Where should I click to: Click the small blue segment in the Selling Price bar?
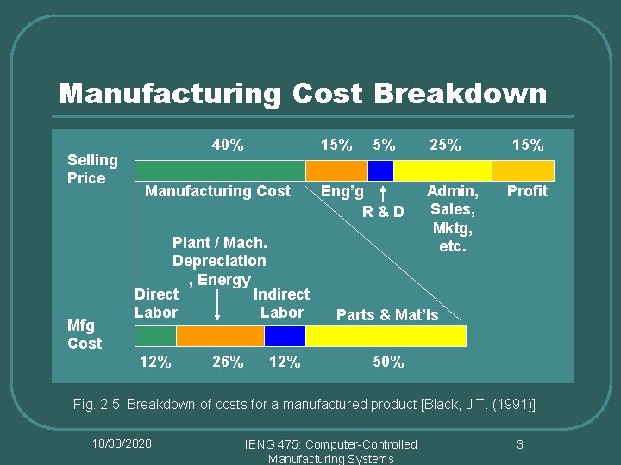pos(380,170)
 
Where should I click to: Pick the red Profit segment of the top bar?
pos(526,170)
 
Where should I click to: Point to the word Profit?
pos(527,191)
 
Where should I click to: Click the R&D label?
pos(383,211)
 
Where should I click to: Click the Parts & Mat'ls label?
pos(387,314)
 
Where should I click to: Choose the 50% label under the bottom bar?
pos(388,362)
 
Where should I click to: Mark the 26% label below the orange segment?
pos(228,362)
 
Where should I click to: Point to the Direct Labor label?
pos(156,303)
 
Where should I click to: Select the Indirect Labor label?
pos(281,303)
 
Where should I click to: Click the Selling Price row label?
pos(92,169)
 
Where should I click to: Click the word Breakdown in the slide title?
pos(459,93)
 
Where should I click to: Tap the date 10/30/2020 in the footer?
pos(122,443)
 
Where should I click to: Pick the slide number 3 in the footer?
pos(520,444)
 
